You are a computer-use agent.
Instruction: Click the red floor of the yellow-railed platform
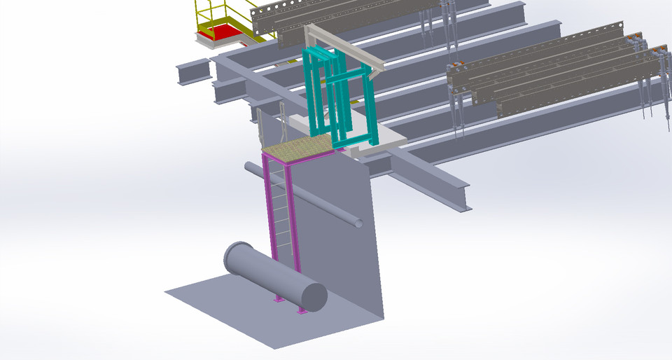[x=225, y=31]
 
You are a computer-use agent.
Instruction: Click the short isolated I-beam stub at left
[x=193, y=71]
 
